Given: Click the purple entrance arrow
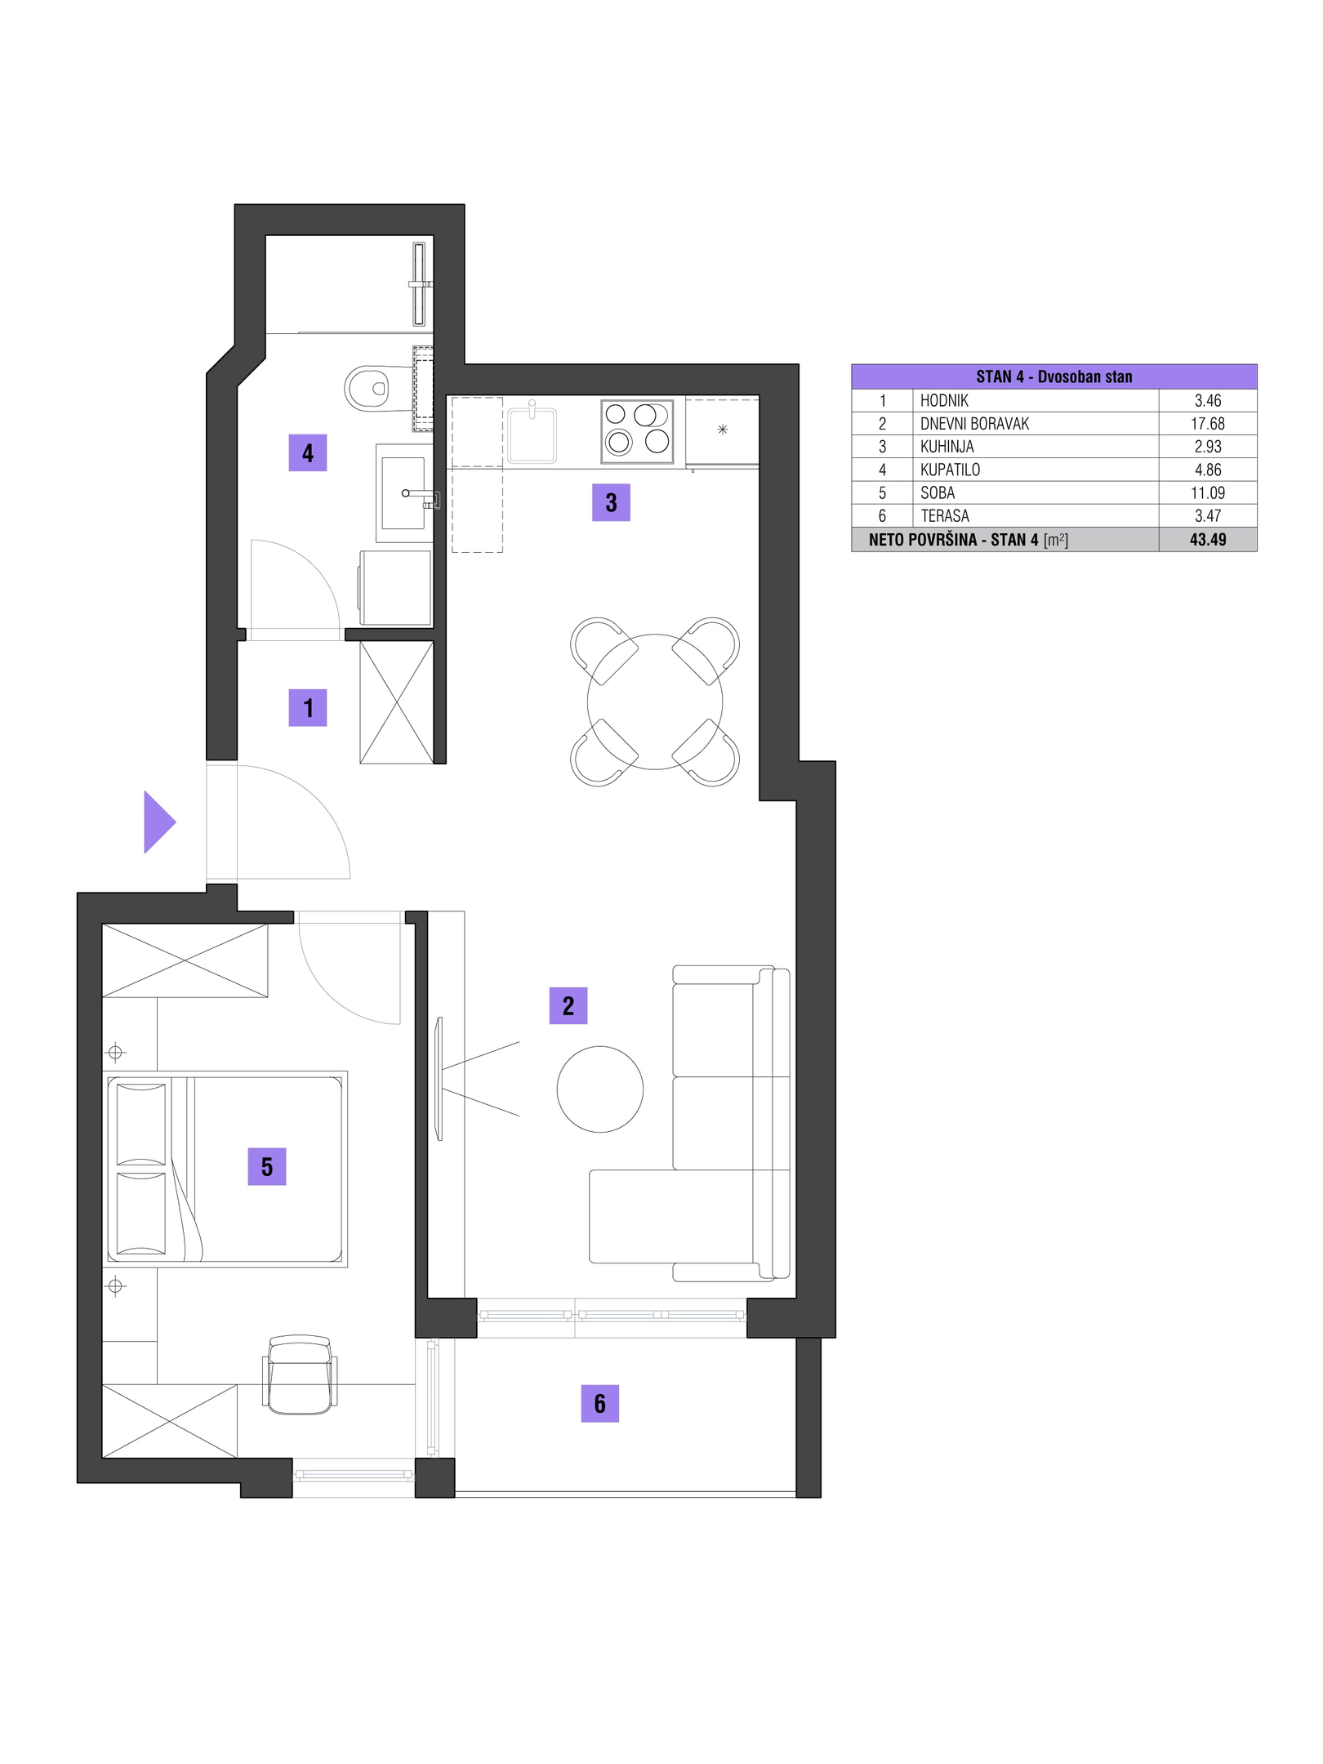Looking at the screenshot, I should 158,822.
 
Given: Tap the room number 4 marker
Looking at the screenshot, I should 308,453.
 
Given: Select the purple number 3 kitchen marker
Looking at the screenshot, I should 611,502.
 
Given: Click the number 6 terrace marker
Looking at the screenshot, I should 599,1403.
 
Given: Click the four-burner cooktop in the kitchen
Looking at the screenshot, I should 637,431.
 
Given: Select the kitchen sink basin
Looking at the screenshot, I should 532,434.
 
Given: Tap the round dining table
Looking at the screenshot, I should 654,702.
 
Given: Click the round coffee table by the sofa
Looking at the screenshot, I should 599,1089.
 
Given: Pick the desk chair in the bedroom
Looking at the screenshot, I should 300,1374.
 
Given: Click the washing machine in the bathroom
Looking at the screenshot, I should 395,588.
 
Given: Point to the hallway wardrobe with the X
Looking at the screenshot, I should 397,702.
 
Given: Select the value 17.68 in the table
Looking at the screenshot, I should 1207,424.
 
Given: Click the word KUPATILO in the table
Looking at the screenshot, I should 950,470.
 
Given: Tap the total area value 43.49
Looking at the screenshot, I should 1207,540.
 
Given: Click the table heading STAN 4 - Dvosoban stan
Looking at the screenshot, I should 1053,376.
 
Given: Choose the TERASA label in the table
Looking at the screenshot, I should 945,516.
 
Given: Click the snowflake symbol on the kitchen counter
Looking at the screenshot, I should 722,430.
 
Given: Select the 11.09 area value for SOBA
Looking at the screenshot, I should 1207,493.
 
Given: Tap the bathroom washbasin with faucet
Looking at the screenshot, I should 404,493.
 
